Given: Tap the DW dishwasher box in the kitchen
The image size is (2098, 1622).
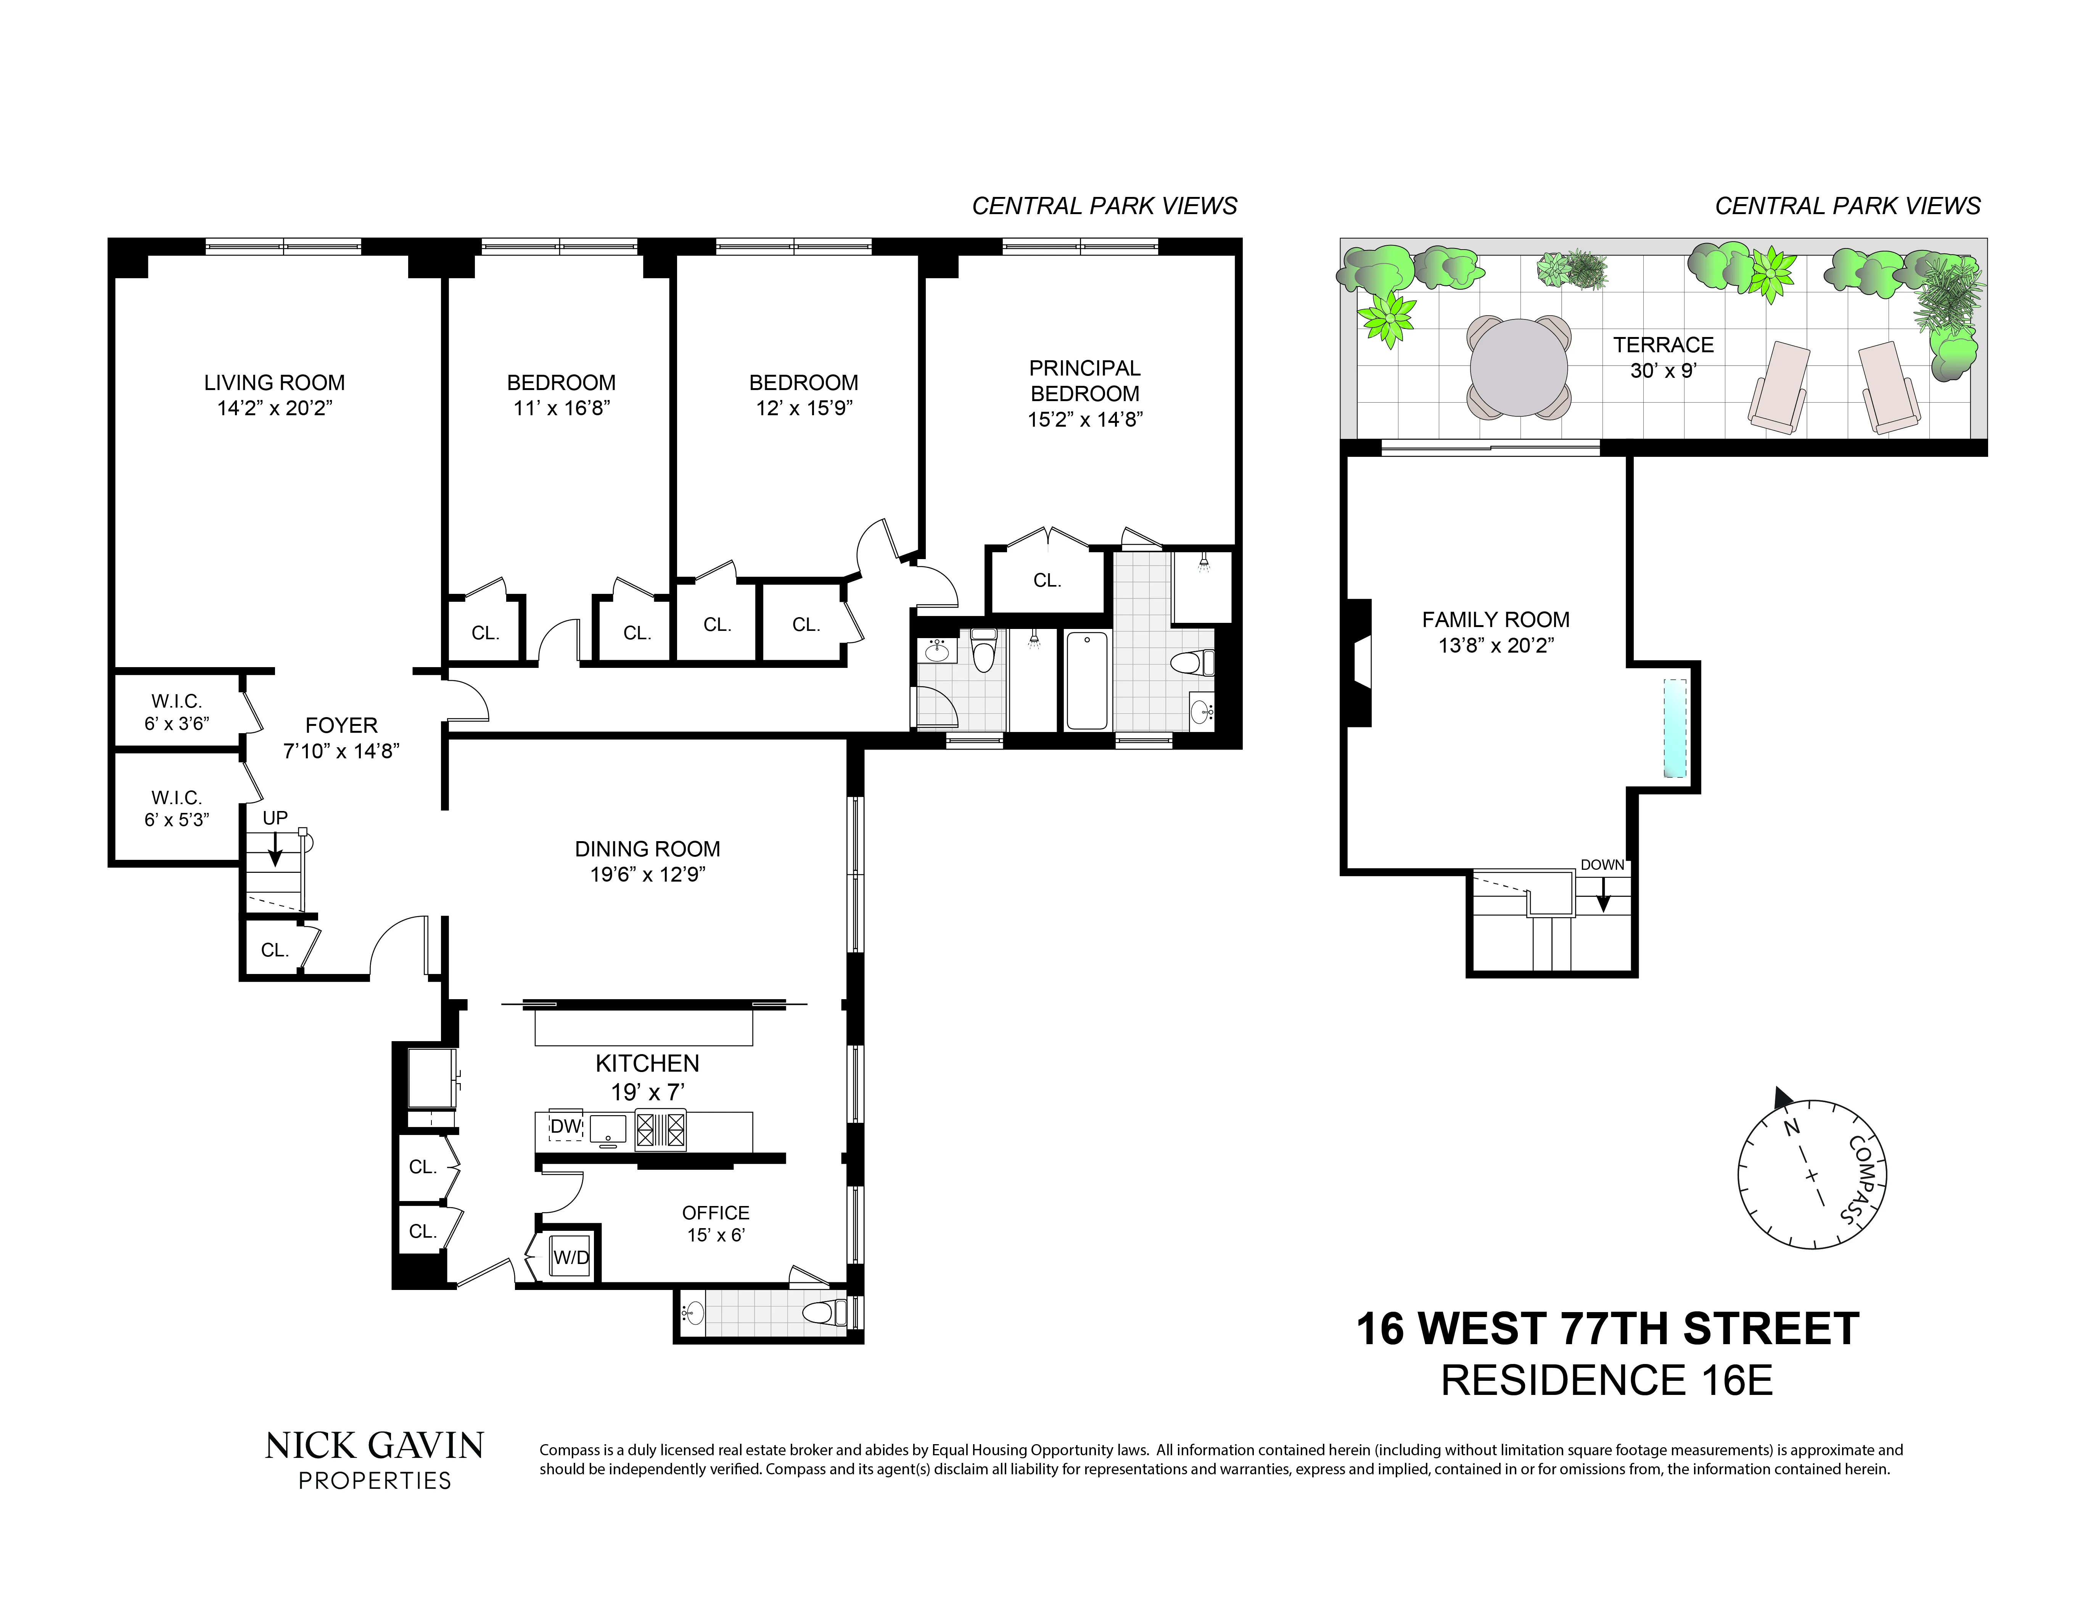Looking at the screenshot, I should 566,1126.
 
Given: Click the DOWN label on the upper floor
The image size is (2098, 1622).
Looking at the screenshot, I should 1602,865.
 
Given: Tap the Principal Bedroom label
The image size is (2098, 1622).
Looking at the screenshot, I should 1084,381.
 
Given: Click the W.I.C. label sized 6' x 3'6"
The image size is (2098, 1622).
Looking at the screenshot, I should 177,712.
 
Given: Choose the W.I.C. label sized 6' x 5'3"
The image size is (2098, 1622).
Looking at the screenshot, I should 177,808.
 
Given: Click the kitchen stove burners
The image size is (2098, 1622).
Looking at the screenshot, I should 661,1130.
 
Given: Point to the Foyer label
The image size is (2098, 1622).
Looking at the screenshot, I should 341,726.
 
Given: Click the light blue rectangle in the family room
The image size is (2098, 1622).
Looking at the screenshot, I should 1675,728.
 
